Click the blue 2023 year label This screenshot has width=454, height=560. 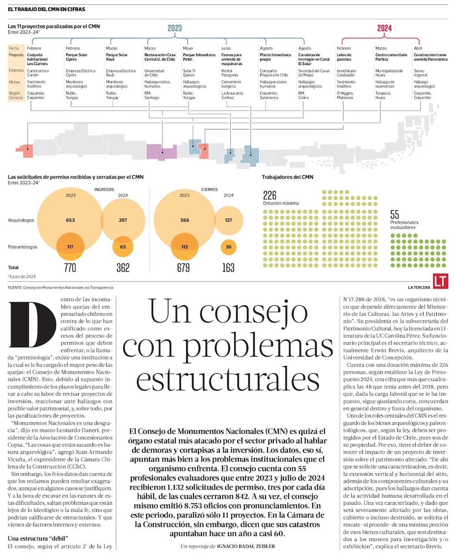[x=175, y=28]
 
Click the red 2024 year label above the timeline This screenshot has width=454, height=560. [x=384, y=28]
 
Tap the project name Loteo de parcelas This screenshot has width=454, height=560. [x=344, y=57]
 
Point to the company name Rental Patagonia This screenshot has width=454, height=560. [x=230, y=73]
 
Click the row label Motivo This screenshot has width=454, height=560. [x=14, y=82]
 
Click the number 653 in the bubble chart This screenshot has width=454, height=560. [x=70, y=220]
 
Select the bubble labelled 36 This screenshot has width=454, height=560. [x=228, y=247]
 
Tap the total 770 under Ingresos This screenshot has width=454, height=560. [x=70, y=268]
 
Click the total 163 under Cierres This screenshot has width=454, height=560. [x=228, y=268]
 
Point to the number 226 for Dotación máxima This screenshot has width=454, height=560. [x=270, y=195]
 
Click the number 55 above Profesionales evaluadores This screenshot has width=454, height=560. [x=395, y=214]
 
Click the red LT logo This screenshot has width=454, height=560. [x=440, y=281]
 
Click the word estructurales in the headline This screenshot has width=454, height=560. [x=227, y=379]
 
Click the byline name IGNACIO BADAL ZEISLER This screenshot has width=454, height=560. [x=246, y=546]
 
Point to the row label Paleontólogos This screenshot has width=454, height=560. [x=22, y=247]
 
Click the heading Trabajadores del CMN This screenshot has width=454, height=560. [x=287, y=177]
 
